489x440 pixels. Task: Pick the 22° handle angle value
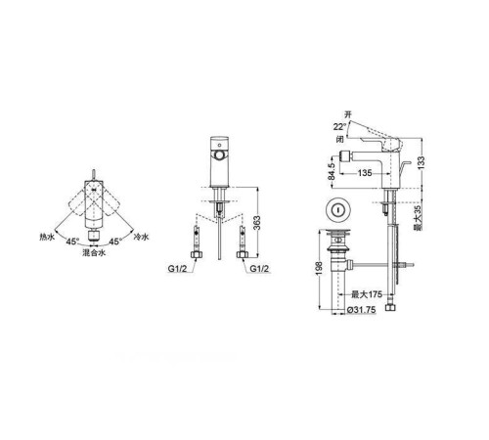(339, 125)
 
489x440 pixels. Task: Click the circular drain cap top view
(339, 208)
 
